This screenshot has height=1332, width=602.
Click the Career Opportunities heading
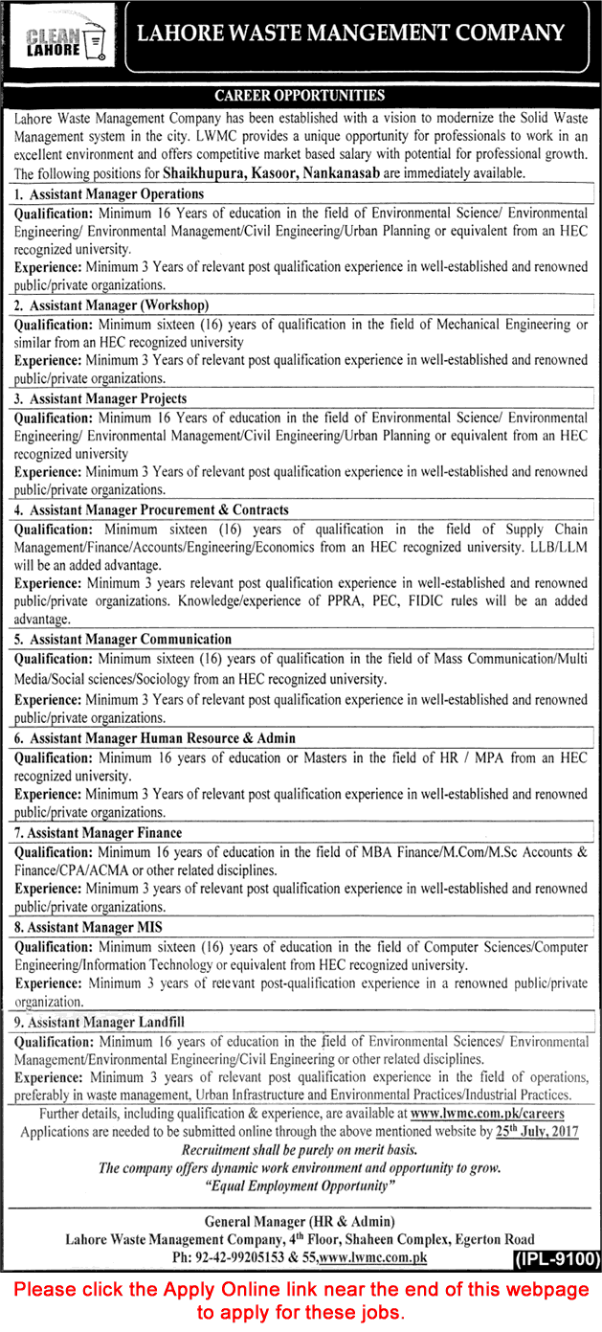tap(300, 96)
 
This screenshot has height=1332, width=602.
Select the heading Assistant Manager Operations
tap(108, 194)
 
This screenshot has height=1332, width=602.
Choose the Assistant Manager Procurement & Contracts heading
tap(151, 510)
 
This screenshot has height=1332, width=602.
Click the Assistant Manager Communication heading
tap(123, 639)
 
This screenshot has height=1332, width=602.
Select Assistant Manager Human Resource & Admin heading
tap(154, 738)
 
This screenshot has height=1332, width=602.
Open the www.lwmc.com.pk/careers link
tap(486, 1114)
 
